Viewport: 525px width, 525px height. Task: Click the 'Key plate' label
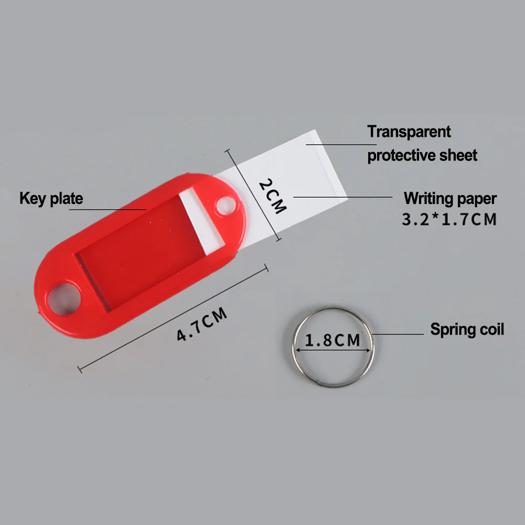click(x=51, y=199)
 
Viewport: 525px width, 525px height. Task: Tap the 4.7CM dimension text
click(x=202, y=326)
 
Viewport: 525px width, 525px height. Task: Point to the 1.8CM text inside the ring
click(x=333, y=341)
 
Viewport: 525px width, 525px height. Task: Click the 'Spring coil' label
click(x=467, y=330)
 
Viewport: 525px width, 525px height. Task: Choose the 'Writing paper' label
click(x=449, y=199)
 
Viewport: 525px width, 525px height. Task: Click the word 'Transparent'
click(x=409, y=132)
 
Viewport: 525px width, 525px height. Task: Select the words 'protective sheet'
click(x=422, y=155)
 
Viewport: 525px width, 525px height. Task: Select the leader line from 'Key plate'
click(x=108, y=209)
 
